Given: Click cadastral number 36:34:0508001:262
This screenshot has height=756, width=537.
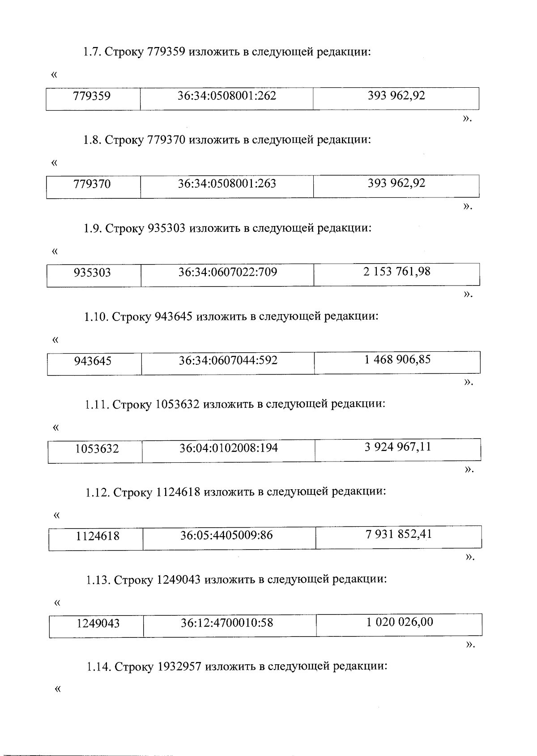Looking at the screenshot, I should pyautogui.click(x=226, y=96).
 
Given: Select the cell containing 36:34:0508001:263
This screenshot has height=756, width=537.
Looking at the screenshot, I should pyautogui.click(x=226, y=184).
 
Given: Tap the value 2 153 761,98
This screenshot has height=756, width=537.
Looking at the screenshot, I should pyautogui.click(x=397, y=271).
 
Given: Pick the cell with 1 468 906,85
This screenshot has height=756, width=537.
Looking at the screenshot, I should pyautogui.click(x=397, y=359).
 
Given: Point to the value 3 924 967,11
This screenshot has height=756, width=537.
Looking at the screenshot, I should pyautogui.click(x=398, y=447).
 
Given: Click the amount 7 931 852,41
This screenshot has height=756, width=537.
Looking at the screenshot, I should pyautogui.click(x=399, y=534).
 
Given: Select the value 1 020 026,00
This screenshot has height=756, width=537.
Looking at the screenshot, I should pyautogui.click(x=400, y=622).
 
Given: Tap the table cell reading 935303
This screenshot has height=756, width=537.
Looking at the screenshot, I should pyautogui.click(x=92, y=273).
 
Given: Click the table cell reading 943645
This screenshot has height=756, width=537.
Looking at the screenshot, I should pyautogui.click(x=93, y=361).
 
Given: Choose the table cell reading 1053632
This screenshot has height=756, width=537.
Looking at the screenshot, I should pyautogui.click(x=97, y=448).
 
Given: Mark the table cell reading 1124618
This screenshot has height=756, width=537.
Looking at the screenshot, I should pyautogui.click(x=98, y=536).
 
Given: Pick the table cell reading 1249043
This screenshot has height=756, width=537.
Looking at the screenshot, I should pyautogui.click(x=98, y=624).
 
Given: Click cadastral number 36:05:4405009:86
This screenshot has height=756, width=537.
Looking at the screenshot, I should pyautogui.click(x=226, y=535).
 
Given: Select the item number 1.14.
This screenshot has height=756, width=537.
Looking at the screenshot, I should pyautogui.click(x=98, y=667).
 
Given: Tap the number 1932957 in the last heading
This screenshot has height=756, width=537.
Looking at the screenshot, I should pyautogui.click(x=181, y=667).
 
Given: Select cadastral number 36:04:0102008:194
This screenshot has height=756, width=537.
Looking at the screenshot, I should pyautogui.click(x=229, y=448).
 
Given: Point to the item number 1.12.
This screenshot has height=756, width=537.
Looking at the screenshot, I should pyautogui.click(x=97, y=492).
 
